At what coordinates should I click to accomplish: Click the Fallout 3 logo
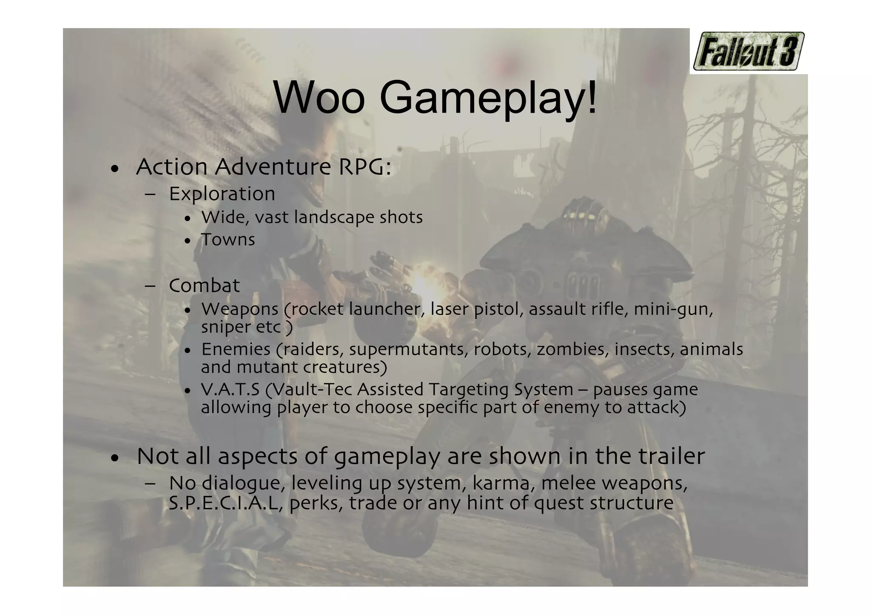point(748,51)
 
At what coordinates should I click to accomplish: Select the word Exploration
point(222,194)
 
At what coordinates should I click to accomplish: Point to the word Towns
point(228,240)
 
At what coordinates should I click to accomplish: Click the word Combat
point(204,286)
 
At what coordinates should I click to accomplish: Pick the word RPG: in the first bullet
point(364,167)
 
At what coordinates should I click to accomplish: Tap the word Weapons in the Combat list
point(240,309)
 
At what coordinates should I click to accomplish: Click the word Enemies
point(236,349)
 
